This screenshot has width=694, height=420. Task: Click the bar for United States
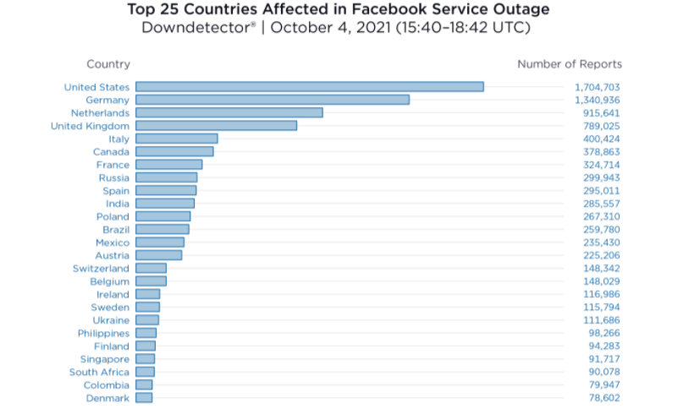(309, 86)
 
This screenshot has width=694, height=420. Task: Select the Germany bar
(272, 100)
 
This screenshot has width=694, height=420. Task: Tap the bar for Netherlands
(229, 112)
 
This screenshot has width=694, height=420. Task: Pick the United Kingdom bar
(216, 125)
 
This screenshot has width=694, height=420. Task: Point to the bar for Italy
(176, 139)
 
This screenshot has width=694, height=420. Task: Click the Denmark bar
(144, 398)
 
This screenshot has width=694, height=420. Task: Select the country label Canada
(111, 151)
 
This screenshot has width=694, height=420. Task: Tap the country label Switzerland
(101, 268)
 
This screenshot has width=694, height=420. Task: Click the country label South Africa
(99, 372)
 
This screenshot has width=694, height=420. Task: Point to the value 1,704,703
(598, 87)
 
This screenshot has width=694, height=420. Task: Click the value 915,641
(602, 112)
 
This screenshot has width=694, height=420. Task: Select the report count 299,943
(602, 177)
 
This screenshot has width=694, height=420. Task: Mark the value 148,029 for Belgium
(602, 281)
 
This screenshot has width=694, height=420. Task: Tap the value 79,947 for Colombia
(604, 385)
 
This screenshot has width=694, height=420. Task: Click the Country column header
(108, 64)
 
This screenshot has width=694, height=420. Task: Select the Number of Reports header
(569, 64)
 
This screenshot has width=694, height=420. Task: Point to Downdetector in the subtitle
(196, 28)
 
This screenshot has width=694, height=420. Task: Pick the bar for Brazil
(162, 229)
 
